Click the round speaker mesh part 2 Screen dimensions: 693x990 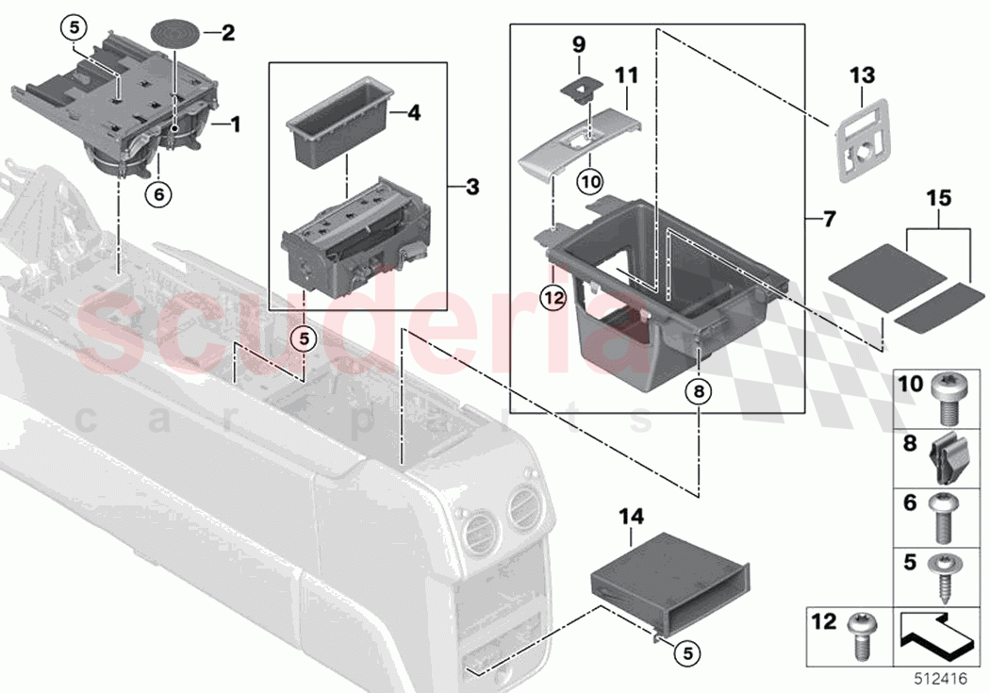tap(176, 33)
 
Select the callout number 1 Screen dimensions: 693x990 tap(235, 124)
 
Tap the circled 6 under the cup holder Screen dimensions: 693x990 tap(158, 193)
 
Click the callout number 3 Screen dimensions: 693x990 tap(471, 188)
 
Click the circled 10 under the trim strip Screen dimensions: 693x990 tap(589, 177)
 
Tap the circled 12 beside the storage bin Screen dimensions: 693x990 tap(553, 299)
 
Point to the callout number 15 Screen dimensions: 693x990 tap(939, 199)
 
